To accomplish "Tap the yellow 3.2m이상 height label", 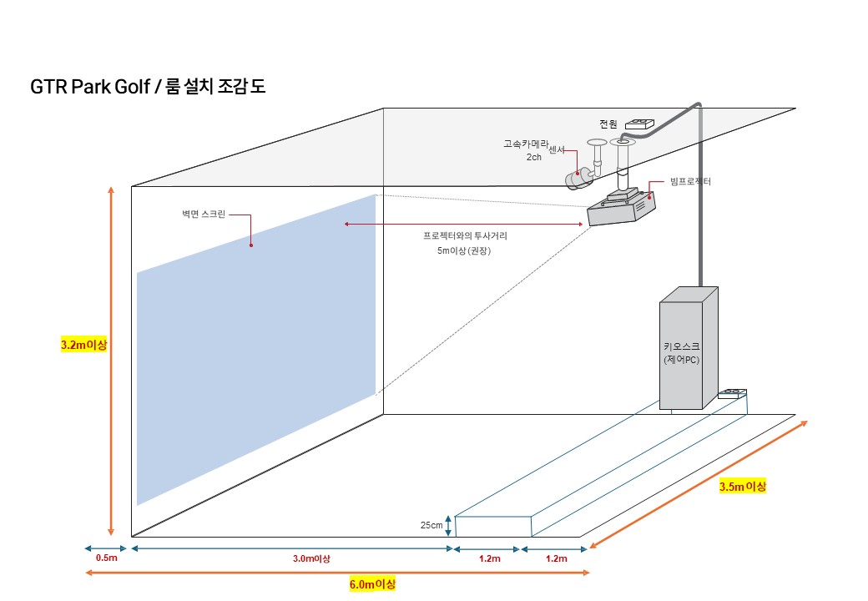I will [84, 344].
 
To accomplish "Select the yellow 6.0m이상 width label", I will [372, 583].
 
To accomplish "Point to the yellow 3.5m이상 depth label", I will [742, 486].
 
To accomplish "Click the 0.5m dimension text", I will [106, 558].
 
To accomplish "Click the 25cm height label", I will [431, 526].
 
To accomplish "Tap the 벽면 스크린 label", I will [203, 215].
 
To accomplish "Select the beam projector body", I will [622, 209].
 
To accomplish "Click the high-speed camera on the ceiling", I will [578, 179].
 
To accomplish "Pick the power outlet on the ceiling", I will [640, 124].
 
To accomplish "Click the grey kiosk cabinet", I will [688, 351].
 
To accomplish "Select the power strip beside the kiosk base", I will [732, 392].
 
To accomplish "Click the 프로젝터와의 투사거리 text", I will [465, 236].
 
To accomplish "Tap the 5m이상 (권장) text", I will [464, 250].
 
